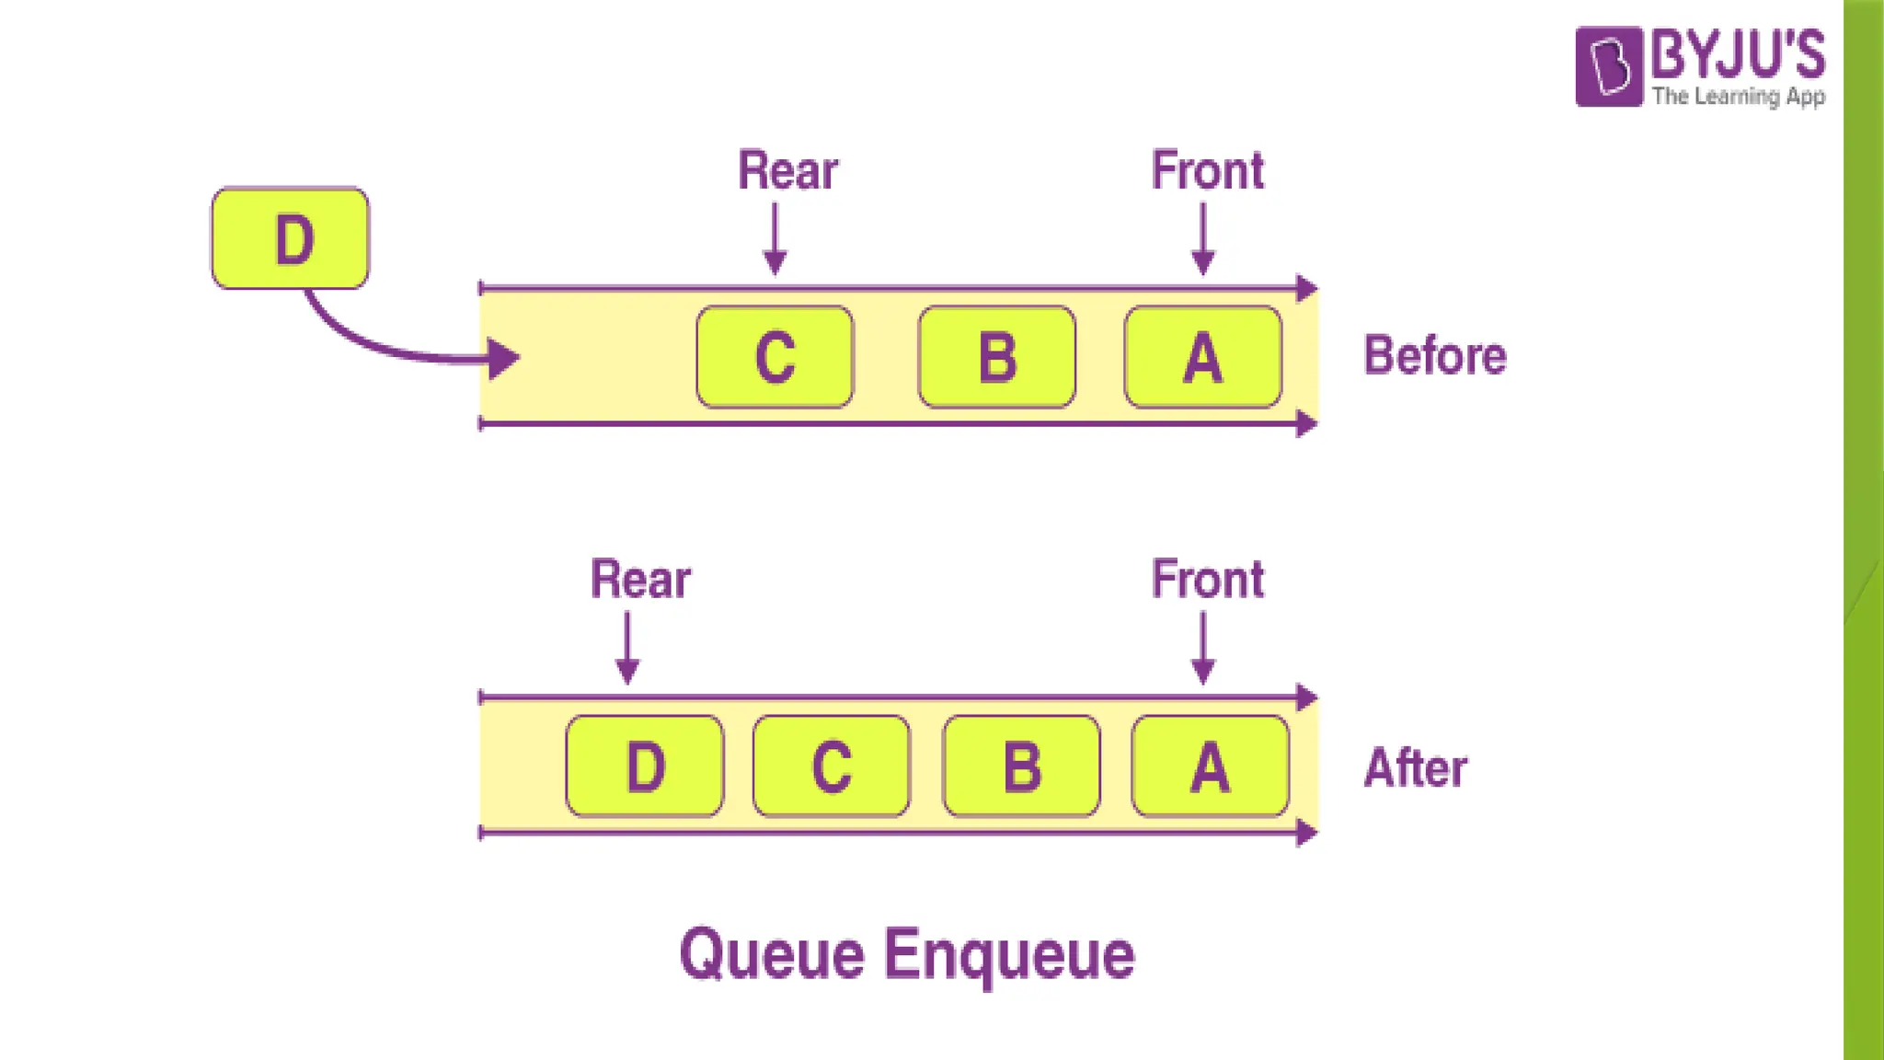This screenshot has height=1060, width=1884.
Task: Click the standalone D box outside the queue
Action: (290, 238)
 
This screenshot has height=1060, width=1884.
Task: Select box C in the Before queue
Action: (775, 357)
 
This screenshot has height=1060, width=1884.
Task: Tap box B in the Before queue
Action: (997, 357)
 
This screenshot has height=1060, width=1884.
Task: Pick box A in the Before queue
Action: (1202, 357)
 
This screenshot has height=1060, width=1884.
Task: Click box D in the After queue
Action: (644, 766)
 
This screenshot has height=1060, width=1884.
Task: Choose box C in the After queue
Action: (832, 766)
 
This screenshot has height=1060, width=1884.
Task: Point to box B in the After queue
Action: (1021, 766)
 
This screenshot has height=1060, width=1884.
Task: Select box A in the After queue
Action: (1210, 766)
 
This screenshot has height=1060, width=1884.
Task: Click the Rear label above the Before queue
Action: (787, 171)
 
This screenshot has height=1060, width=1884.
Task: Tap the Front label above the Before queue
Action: (1208, 171)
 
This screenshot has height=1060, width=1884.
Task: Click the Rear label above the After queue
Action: (640, 580)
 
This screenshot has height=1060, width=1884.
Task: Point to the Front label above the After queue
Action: (1208, 580)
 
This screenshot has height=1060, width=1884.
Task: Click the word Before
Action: (1434, 356)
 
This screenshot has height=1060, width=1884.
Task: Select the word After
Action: (1416, 768)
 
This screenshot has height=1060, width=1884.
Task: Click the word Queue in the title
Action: (772, 955)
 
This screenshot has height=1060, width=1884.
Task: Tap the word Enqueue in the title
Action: (1009, 955)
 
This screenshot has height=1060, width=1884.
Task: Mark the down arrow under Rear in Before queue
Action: (775, 238)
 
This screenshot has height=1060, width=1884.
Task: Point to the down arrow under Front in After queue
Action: (1202, 648)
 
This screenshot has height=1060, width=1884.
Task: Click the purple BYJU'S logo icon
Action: (1608, 66)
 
